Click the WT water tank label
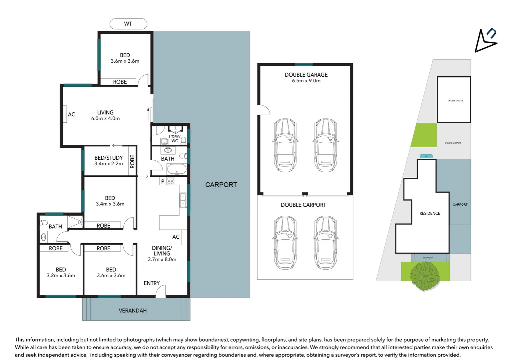tap(128, 24)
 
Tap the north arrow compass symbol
tap(485, 41)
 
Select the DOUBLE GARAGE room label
tap(306, 75)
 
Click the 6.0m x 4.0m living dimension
tap(105, 118)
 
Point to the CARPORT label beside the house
tap(221, 185)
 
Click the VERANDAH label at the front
tap(133, 310)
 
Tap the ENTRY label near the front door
tap(152, 283)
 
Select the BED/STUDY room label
tap(108, 158)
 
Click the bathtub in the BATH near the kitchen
tap(177, 169)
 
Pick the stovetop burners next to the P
tap(171, 181)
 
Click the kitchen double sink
tap(183, 200)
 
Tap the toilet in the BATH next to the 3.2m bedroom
tap(44, 222)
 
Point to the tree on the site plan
tap(425, 275)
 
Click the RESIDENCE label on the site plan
tap(430, 213)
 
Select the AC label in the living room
tap(71, 114)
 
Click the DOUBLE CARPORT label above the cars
tap(303, 205)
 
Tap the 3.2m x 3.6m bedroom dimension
tap(61, 276)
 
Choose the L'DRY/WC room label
tap(174, 139)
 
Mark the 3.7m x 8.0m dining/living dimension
tap(162, 259)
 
